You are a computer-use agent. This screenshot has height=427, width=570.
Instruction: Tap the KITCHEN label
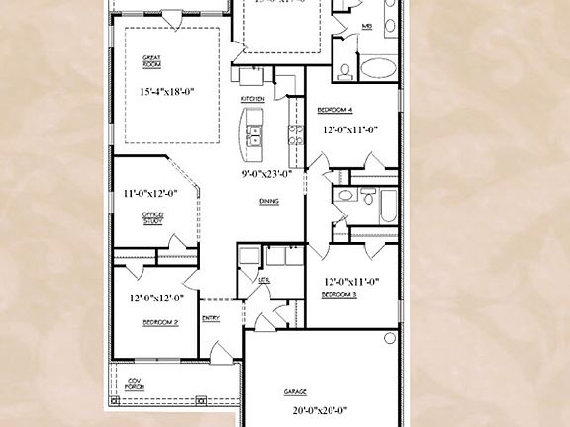(252, 100)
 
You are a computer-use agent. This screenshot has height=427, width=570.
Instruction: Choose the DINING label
(268, 201)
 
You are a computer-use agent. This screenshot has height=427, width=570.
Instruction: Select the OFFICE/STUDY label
(153, 218)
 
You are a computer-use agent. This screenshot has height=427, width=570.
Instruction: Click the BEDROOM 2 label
(159, 322)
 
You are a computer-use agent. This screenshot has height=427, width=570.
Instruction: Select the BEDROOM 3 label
(339, 295)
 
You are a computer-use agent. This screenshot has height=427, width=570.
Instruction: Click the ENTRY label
(211, 317)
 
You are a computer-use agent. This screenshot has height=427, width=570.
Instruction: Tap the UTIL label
(264, 280)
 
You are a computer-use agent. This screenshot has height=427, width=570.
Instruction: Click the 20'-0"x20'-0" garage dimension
(321, 410)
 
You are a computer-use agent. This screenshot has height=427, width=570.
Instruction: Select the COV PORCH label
(134, 384)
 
